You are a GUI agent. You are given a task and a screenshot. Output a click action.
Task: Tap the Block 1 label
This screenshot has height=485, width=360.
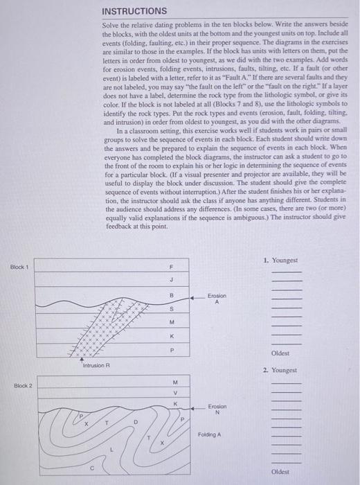point(20,267)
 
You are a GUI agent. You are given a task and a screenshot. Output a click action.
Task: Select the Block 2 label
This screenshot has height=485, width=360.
point(20,385)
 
